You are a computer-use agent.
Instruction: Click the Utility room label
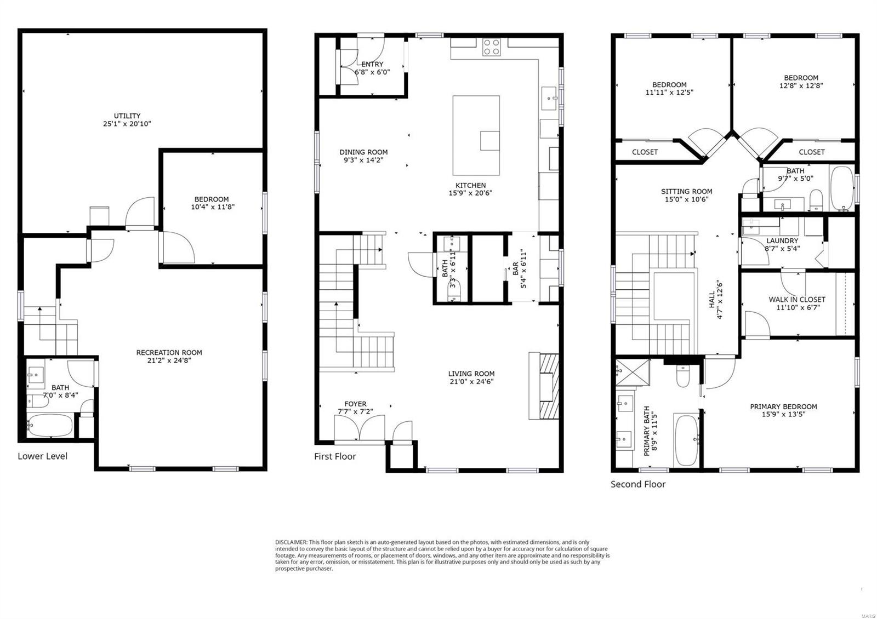[127, 116]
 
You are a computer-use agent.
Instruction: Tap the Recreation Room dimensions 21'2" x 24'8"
[169, 360]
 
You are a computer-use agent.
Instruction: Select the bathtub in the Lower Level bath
[50, 425]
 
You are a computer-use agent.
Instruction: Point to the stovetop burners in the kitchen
[492, 47]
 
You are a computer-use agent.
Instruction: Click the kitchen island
[476, 135]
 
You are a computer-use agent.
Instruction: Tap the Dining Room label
[363, 152]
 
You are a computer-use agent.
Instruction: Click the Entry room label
[372, 64]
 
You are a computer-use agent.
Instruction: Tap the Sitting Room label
[686, 192]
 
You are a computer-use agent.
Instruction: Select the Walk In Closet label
[796, 300]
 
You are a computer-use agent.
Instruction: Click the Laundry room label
[782, 241]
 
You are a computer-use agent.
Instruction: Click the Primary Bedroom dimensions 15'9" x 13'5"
[783, 415]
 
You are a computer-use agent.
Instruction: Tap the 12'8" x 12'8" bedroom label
[801, 85]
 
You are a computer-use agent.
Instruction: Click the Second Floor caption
[638, 484]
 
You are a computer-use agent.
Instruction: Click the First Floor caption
[335, 456]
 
